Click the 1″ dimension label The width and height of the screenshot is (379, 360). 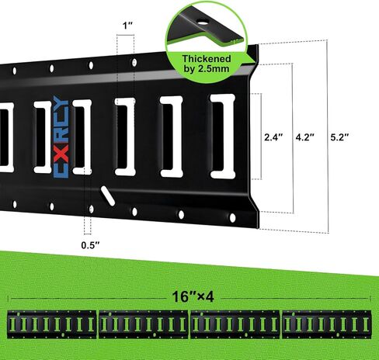[127, 26]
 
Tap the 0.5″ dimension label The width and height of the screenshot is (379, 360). [90, 245]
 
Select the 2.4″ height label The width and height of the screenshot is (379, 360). [273, 137]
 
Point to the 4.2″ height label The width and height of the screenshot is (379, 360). [305, 137]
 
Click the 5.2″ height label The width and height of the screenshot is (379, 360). [339, 137]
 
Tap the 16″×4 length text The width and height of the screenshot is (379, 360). [193, 296]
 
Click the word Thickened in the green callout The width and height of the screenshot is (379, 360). [207, 59]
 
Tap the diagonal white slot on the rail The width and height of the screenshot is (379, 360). [108, 196]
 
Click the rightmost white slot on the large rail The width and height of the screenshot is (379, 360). [223, 137]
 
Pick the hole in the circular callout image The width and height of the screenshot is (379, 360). [202, 22]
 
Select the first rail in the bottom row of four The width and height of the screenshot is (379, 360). [52, 325]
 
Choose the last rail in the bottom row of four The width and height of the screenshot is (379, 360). [327, 325]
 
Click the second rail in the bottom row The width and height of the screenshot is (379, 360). [144, 325]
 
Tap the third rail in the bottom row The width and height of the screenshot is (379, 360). [235, 325]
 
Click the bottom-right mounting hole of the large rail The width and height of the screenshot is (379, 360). [232, 218]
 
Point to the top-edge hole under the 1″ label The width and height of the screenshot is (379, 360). [134, 63]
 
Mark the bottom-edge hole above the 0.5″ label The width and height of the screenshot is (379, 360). [91, 209]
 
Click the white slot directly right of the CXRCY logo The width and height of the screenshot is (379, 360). [82, 137]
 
